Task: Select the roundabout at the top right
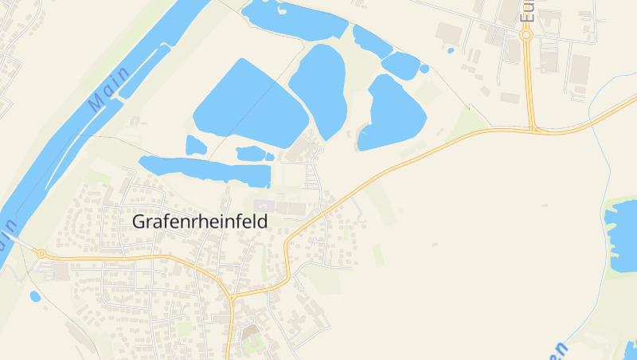click(526, 35)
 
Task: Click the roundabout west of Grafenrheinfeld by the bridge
click(41, 253)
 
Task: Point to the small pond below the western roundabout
click(35, 296)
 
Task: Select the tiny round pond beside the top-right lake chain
click(424, 69)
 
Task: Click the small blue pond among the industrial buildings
click(451, 51)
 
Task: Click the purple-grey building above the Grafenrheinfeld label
click(261, 206)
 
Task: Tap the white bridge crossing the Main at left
click(18, 242)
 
